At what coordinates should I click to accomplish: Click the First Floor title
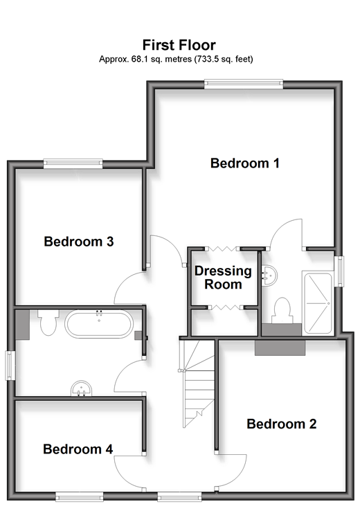click(179, 45)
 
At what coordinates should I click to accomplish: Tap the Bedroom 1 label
click(245, 163)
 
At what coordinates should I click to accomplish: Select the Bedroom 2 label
click(282, 424)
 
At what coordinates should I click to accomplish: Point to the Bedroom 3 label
click(78, 242)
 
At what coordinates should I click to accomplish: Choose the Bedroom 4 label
click(78, 449)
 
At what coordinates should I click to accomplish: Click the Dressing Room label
click(223, 278)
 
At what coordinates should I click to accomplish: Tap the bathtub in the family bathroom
click(98, 324)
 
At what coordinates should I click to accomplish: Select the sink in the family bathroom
click(81, 388)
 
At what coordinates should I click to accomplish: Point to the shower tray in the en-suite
click(318, 303)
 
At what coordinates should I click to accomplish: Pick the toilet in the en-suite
click(282, 311)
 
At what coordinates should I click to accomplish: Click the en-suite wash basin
click(269, 274)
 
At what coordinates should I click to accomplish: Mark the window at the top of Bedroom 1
click(244, 84)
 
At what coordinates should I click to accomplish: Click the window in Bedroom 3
click(73, 164)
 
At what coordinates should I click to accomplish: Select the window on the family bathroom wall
click(10, 366)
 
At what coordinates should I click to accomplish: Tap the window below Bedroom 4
click(80, 497)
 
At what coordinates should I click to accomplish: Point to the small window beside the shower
click(339, 271)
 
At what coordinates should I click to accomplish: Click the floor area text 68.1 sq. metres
click(161, 60)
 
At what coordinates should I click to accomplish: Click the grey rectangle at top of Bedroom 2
click(280, 348)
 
